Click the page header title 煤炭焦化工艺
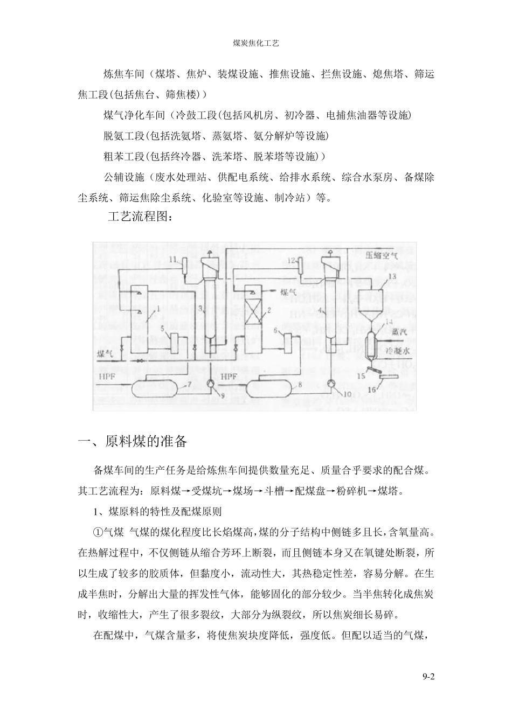255,43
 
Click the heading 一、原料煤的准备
133,442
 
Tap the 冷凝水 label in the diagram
399,350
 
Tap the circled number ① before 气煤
98,532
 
